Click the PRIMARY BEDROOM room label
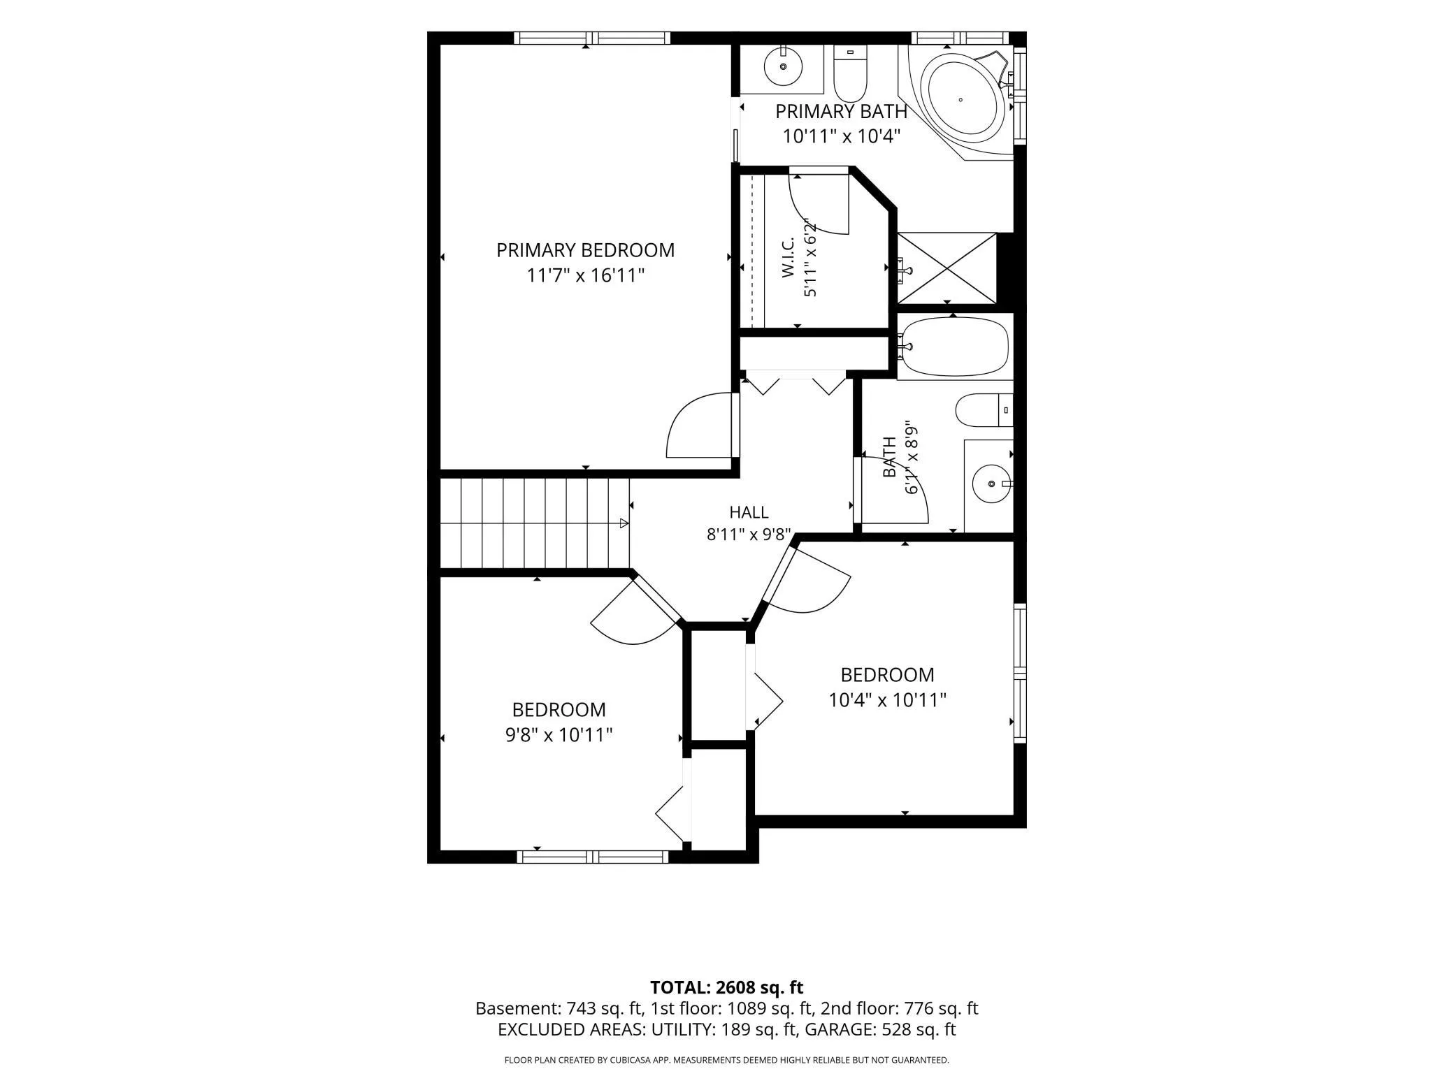click(585, 250)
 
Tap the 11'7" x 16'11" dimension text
click(585, 275)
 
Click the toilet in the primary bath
click(850, 74)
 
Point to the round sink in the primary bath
click(783, 66)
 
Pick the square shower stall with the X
click(947, 268)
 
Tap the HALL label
click(749, 512)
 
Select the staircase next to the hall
click(535, 523)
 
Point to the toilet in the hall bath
click(984, 410)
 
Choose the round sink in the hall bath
click(991, 483)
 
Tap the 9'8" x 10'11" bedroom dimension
click(559, 735)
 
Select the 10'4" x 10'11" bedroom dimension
click(887, 700)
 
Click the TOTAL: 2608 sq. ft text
click(726, 987)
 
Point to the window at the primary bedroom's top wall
click(592, 38)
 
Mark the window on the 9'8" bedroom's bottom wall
click(593, 857)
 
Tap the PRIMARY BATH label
click(841, 111)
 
